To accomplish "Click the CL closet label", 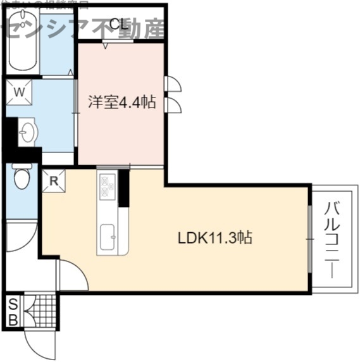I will point(119,24).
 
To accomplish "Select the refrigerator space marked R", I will point(54,180).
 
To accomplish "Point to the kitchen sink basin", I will point(106,238).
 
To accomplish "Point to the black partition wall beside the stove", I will point(124,188).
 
